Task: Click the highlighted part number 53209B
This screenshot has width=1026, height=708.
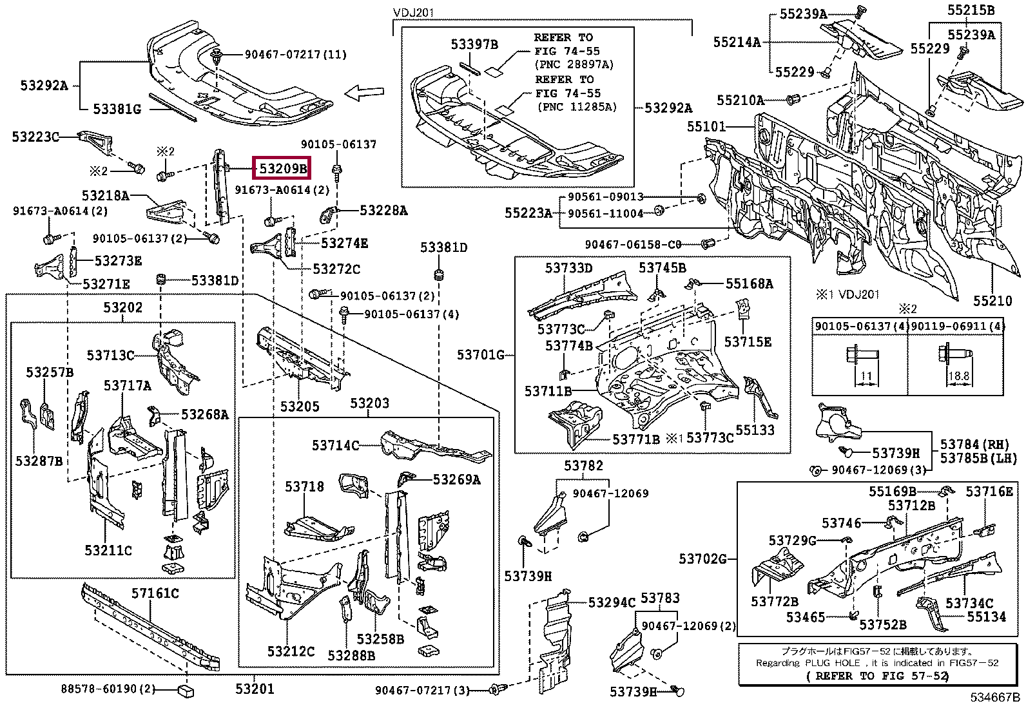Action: tap(282, 169)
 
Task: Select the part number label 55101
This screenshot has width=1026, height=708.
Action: tap(706, 126)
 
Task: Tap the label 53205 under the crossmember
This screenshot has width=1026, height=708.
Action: tap(299, 407)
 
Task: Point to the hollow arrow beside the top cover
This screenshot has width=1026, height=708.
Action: tap(364, 93)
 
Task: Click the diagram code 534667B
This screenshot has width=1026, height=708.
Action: tap(995, 697)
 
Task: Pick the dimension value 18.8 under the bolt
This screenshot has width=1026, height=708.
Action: tap(958, 376)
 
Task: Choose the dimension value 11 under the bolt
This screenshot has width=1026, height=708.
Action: tap(866, 376)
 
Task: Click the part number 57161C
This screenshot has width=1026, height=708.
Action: tap(155, 593)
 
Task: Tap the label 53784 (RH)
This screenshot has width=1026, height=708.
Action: tap(974, 445)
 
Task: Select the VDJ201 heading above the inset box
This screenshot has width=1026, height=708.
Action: tap(414, 13)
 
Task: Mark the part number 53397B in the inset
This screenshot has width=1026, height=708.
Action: tap(474, 44)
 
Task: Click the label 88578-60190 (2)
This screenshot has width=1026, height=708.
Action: tap(108, 689)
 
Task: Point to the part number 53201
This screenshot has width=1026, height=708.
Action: tap(255, 689)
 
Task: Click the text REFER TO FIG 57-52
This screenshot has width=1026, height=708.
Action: tap(877, 676)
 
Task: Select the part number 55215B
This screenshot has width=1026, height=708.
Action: tap(971, 10)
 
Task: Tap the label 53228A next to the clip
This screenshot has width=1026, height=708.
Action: tap(383, 211)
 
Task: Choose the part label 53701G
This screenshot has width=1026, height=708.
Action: tap(481, 354)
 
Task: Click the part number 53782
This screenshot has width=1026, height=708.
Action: tap(583, 466)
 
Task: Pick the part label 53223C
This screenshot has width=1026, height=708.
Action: tap(35, 137)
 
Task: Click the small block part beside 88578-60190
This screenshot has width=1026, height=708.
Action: tap(185, 691)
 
